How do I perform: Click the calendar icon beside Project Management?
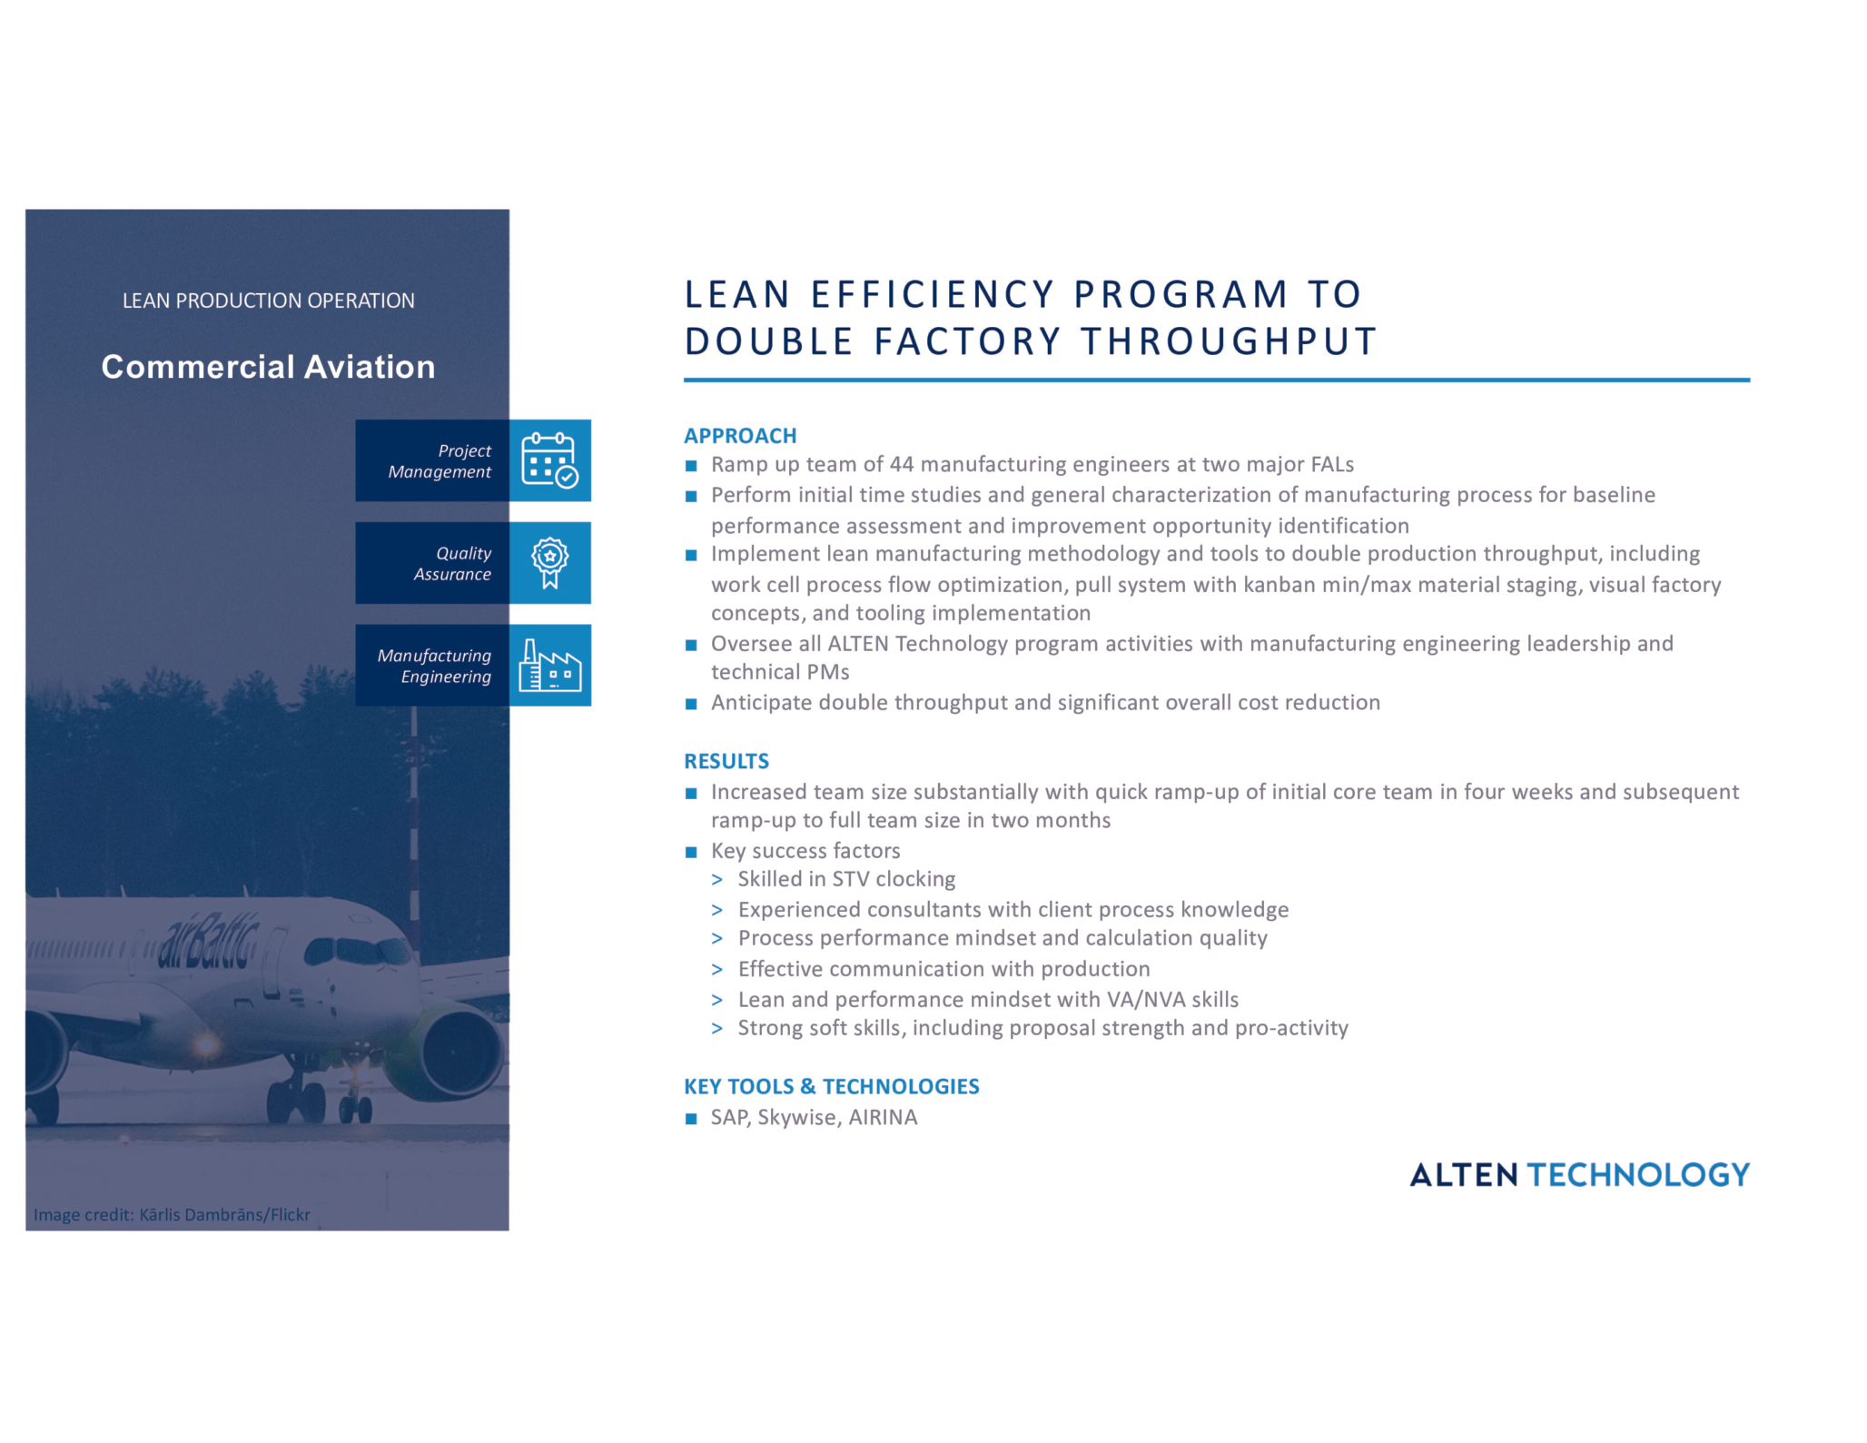coord(549,460)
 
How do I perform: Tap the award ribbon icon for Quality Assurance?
coord(549,563)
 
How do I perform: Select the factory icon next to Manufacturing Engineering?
coord(549,666)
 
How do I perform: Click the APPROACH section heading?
coord(740,436)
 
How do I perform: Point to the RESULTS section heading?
coord(726,761)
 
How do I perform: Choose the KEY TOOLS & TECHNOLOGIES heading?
coord(831,1086)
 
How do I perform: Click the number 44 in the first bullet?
coord(901,465)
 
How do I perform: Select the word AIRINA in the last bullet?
coord(883,1117)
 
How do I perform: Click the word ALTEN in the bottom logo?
coord(1463,1175)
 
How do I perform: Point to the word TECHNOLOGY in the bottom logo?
coord(1637,1175)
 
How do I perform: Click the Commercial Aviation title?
coord(268,367)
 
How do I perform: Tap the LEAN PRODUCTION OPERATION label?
coord(268,301)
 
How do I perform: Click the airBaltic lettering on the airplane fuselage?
coord(208,942)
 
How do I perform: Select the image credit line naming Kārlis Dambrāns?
coord(173,1215)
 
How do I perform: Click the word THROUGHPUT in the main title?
coord(1229,341)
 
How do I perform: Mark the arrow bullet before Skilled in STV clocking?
coord(717,880)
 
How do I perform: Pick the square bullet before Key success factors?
coord(691,852)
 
